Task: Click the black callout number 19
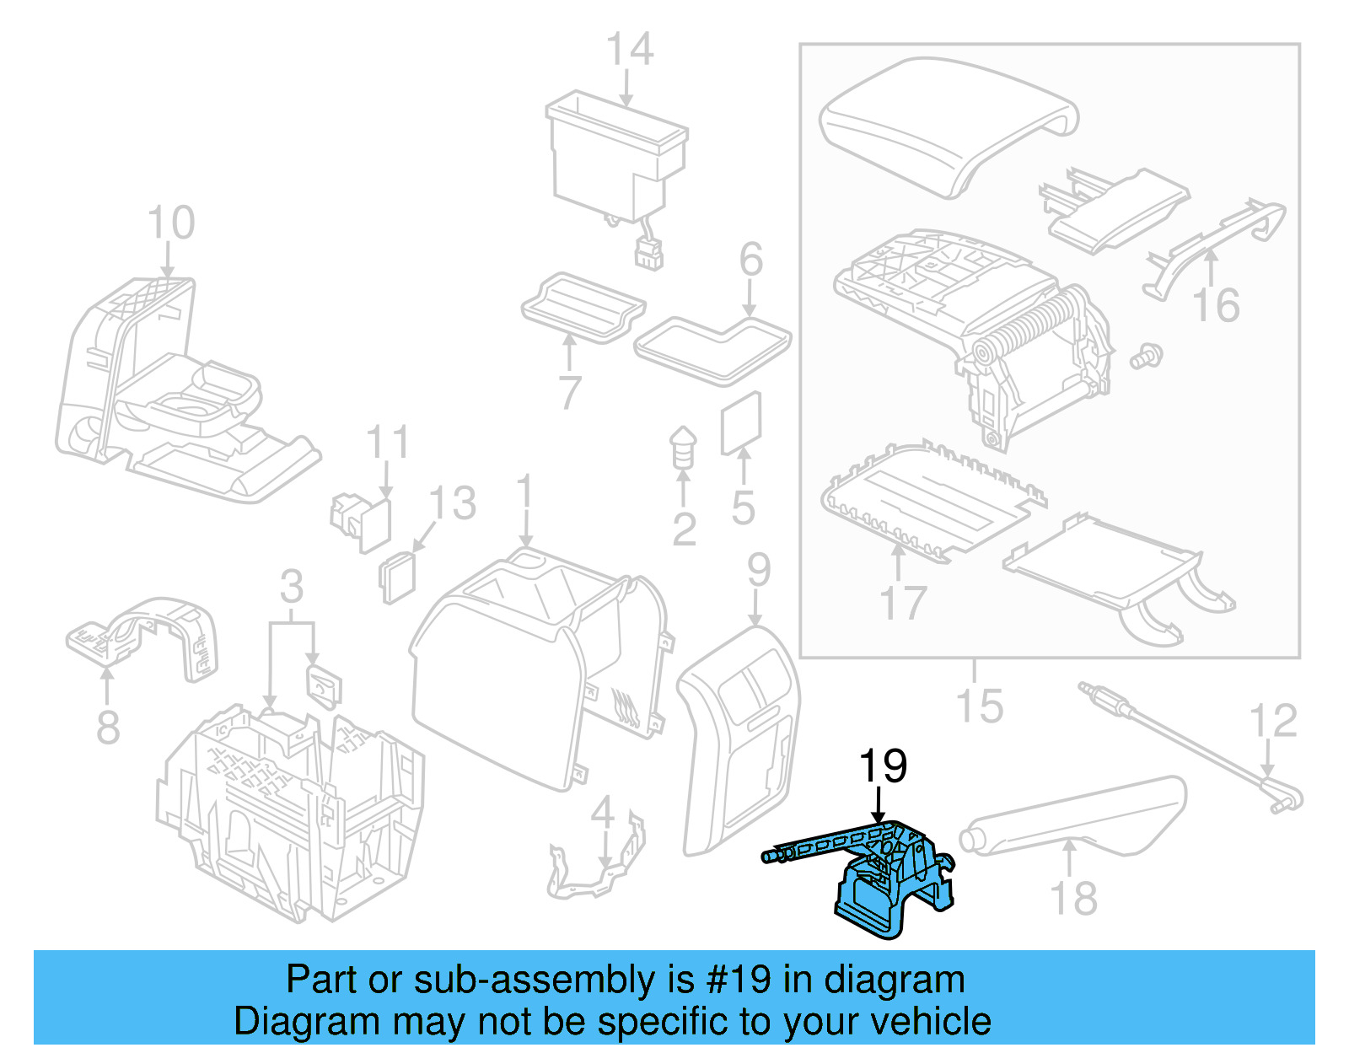coord(882,766)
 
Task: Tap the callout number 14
coord(630,50)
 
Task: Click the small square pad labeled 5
coord(741,424)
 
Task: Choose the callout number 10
coord(171,223)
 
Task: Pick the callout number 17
coord(903,602)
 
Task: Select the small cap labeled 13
coord(398,578)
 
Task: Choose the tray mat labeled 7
coord(582,308)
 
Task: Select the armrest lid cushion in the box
coord(944,122)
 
